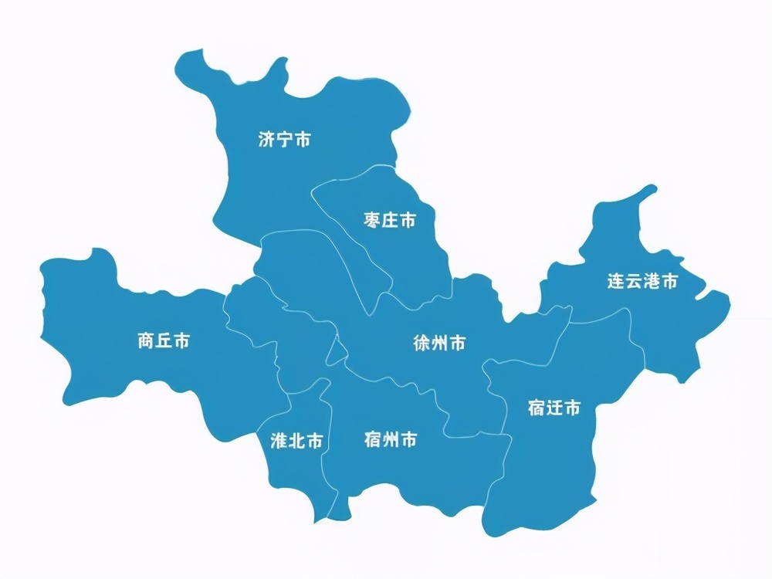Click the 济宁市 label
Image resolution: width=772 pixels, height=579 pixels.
tap(285, 140)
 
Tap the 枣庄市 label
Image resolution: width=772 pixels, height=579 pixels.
tap(389, 221)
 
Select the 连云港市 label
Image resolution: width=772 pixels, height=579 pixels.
tap(642, 282)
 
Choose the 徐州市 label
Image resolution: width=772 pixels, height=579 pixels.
tap(439, 344)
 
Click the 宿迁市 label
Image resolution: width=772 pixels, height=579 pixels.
tap(554, 408)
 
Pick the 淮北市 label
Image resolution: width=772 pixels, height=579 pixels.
tap(296, 441)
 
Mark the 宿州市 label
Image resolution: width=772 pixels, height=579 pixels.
tap(390, 440)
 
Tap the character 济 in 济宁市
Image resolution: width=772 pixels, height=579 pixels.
tap(267, 140)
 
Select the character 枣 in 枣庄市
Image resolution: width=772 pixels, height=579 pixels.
tap(371, 221)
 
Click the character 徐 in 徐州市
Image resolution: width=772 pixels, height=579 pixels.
tap(422, 344)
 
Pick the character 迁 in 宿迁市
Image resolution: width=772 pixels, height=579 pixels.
tap(554, 408)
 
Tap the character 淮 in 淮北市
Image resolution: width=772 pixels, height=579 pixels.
tap(279, 441)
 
